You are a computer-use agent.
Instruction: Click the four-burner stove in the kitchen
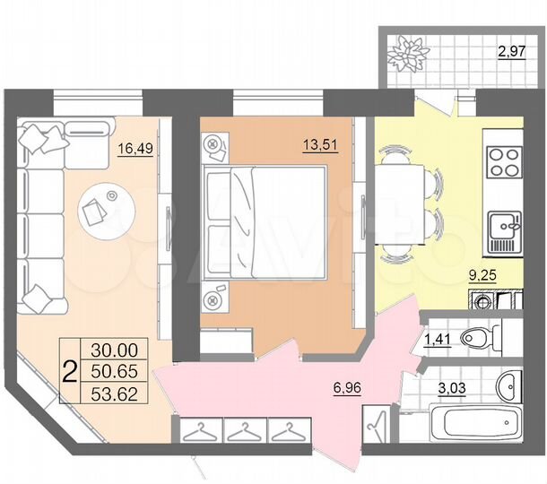point(503,164)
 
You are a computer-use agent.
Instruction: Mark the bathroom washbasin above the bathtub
point(508,387)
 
